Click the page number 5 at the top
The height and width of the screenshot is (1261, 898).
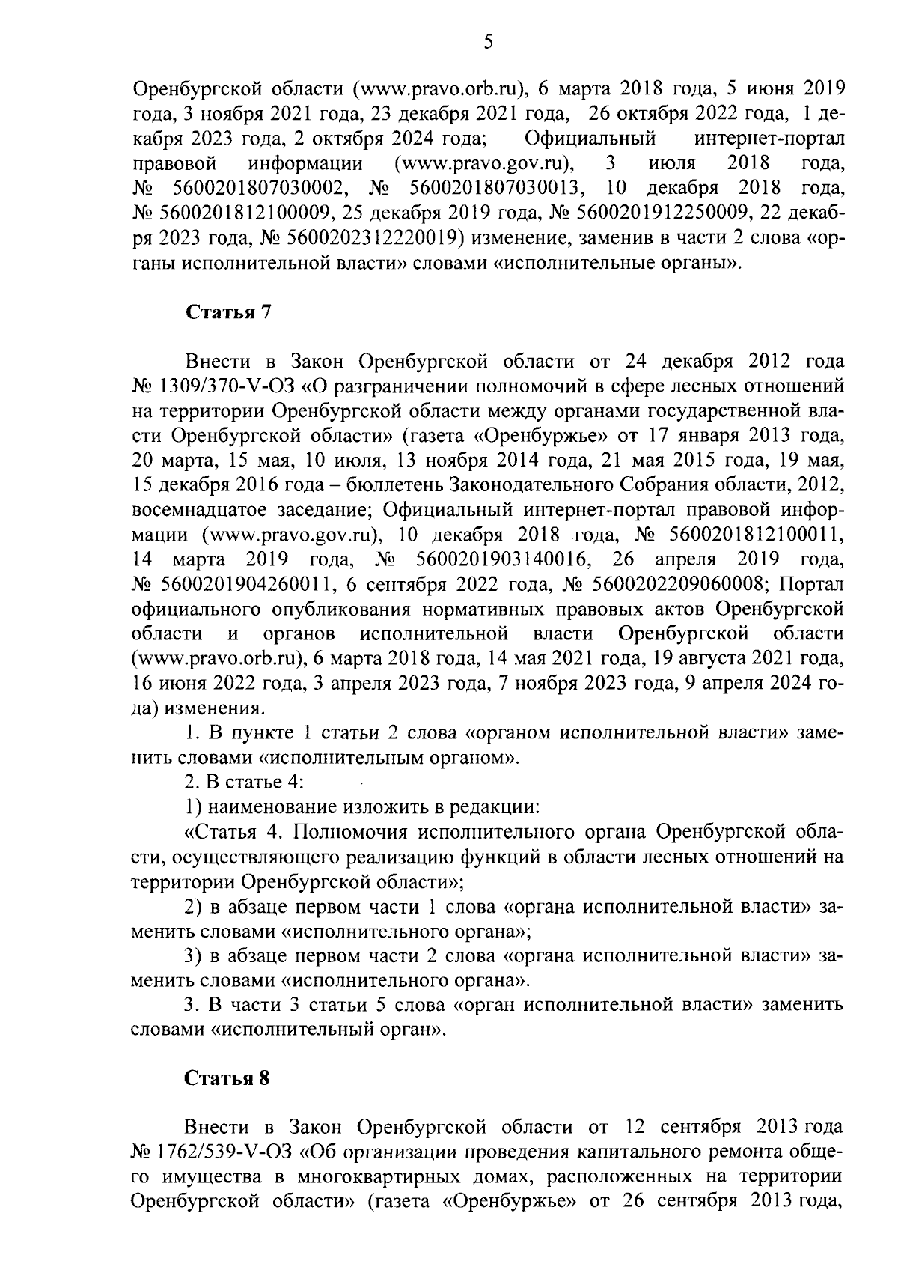(488, 43)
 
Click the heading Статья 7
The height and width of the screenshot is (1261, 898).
(227, 312)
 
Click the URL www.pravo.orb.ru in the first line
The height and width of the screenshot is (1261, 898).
(439, 90)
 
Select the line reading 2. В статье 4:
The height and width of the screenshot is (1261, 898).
(243, 783)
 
